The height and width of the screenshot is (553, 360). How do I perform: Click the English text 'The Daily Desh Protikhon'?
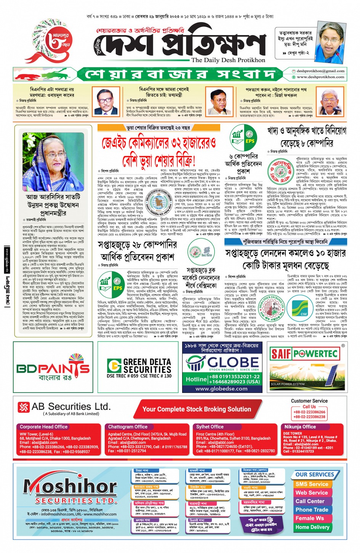(228, 60)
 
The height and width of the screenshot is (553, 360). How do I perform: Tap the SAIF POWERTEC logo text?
(304, 354)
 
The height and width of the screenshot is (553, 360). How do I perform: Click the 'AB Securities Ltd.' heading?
(71, 407)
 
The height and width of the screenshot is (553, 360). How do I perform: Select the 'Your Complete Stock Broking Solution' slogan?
(197, 409)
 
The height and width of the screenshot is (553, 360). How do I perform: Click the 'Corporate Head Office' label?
(43, 427)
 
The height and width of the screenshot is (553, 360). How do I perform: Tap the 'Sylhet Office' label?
(210, 427)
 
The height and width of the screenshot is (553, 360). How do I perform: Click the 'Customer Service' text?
(309, 401)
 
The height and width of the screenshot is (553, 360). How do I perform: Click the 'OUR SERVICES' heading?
(315, 475)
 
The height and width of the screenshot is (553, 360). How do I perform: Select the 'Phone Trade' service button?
(312, 510)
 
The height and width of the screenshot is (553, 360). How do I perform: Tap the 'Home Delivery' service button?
(312, 527)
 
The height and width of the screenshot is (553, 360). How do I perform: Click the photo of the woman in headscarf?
(53, 161)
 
